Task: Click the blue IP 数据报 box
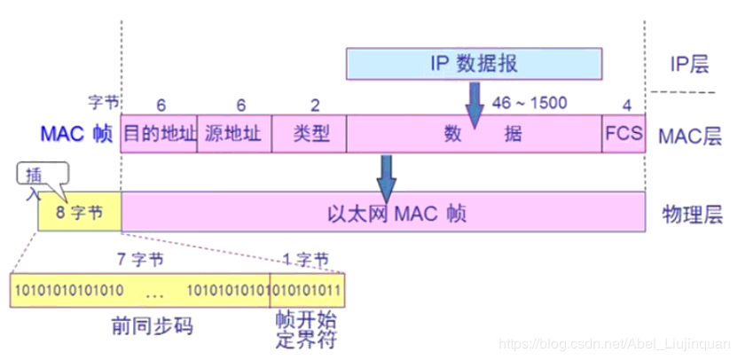click(x=475, y=63)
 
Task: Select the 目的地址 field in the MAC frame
click(x=159, y=134)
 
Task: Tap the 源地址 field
click(x=233, y=134)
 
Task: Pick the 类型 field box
click(x=309, y=134)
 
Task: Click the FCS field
click(x=624, y=134)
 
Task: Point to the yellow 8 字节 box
click(x=79, y=214)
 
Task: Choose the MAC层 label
click(x=690, y=135)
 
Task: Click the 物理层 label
click(x=690, y=214)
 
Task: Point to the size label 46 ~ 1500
click(x=530, y=103)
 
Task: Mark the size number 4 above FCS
click(x=627, y=105)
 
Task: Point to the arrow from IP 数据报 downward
click(x=475, y=99)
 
